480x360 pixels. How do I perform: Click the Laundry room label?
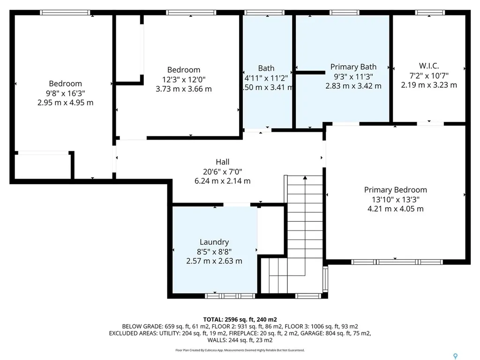coord(214,242)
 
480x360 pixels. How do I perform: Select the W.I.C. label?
coord(428,66)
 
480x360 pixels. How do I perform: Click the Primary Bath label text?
coord(353,67)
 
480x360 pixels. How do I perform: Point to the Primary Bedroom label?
coord(396,190)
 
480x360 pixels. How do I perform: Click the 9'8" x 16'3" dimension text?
coord(65,93)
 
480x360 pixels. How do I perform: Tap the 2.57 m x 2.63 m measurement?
coord(214,261)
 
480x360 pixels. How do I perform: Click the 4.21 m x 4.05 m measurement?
coord(396,209)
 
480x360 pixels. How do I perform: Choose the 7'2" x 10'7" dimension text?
coord(428,75)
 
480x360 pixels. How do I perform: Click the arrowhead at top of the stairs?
coord(305,178)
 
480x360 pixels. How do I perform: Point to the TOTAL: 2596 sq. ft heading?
coord(240,319)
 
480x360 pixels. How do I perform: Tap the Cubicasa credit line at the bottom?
coord(240,350)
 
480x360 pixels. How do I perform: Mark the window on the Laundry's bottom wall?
coord(230,296)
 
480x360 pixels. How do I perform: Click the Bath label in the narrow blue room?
coord(266,68)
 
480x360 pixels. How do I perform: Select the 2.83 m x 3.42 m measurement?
coord(353,86)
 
